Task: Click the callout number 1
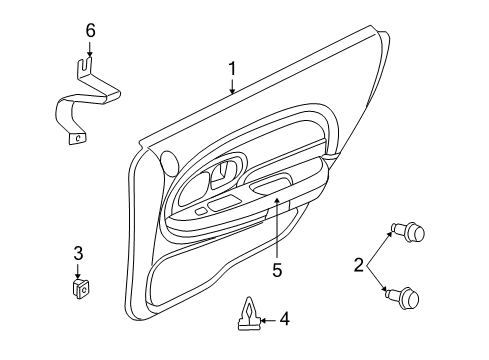click(232, 70)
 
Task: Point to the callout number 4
click(284, 319)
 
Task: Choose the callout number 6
click(90, 30)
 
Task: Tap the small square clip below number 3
click(78, 289)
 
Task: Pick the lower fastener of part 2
click(412, 298)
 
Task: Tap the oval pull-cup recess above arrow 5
click(272, 184)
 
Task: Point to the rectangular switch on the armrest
click(224, 204)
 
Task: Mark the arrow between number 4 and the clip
click(265, 320)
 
